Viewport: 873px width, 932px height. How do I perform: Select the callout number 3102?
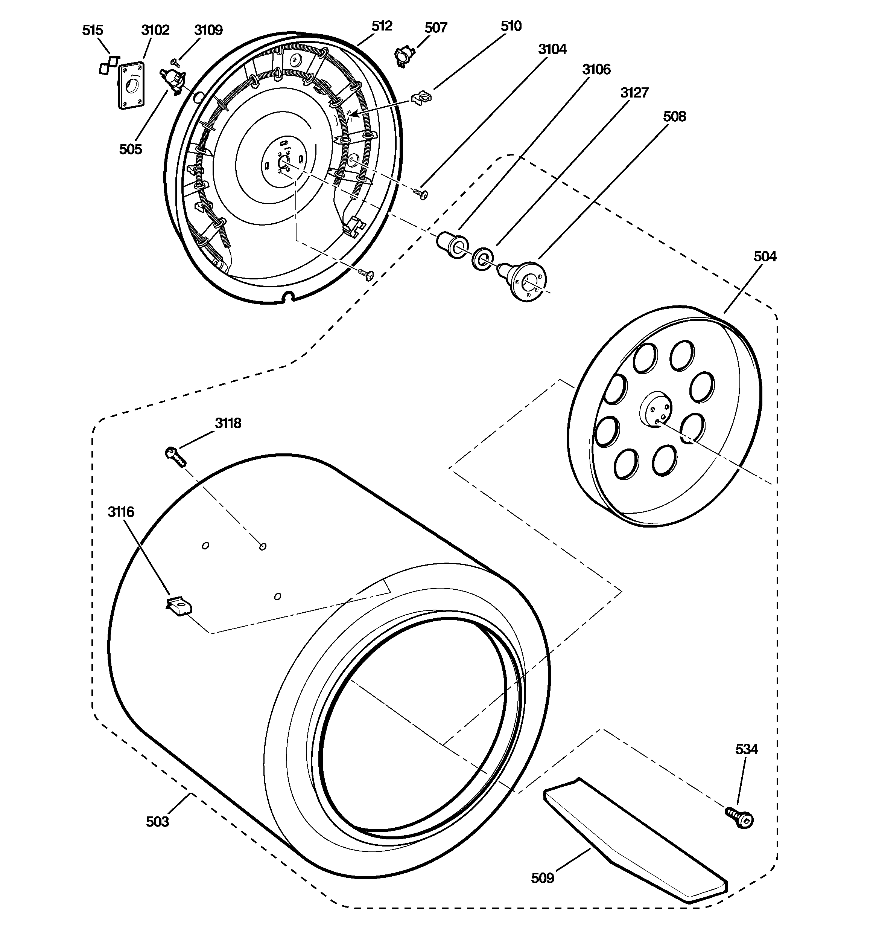point(155,30)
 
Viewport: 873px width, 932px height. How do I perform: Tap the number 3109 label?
point(208,30)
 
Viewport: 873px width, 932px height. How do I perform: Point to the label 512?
point(382,26)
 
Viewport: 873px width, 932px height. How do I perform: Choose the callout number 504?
point(765,256)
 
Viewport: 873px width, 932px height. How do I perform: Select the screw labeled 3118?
point(175,456)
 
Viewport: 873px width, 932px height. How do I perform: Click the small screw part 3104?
point(421,194)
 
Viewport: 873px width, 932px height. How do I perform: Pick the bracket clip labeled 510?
point(422,97)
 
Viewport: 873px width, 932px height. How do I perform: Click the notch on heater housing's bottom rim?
point(289,296)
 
